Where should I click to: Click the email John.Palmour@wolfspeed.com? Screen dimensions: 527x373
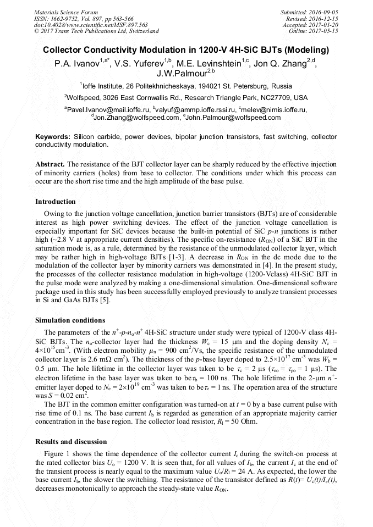[x=234, y=118]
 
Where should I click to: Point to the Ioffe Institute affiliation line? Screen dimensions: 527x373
[x=186, y=86]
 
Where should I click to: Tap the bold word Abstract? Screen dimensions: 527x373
[x=51, y=164]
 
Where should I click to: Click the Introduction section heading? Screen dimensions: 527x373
[x=56, y=202]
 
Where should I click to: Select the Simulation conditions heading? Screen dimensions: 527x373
[x=70, y=320]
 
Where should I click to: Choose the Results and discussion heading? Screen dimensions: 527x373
[x=71, y=442]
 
